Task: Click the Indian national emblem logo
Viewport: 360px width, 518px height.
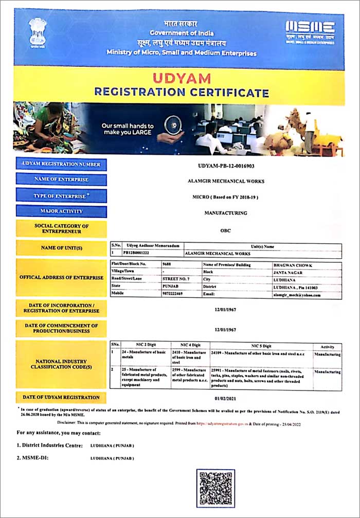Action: pyautogui.click(x=38, y=32)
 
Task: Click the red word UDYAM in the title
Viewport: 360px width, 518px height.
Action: pyautogui.click(x=182, y=79)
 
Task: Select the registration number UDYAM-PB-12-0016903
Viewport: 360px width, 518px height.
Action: pyautogui.click(x=226, y=166)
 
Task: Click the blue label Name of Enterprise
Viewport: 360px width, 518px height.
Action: pyautogui.click(x=61, y=180)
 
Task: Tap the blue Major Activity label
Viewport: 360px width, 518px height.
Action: pyautogui.click(x=61, y=211)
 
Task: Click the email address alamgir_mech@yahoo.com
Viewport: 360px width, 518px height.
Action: pyautogui.click(x=296, y=295)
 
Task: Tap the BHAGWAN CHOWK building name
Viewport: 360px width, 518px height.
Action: pyautogui.click(x=292, y=264)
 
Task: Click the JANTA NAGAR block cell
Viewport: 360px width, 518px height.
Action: pyautogui.click(x=289, y=271)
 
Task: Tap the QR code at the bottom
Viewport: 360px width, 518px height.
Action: pyautogui.click(x=215, y=488)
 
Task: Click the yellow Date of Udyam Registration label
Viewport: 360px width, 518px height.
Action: pyautogui.click(x=61, y=398)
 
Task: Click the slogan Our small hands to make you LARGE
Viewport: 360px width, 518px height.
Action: pyautogui.click(x=127, y=129)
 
